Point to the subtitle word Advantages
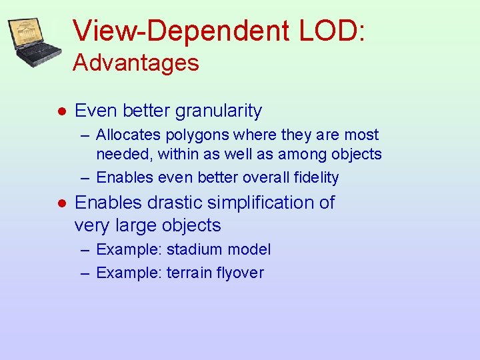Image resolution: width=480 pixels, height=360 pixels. (x=136, y=63)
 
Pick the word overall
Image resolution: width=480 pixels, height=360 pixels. (x=266, y=178)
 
